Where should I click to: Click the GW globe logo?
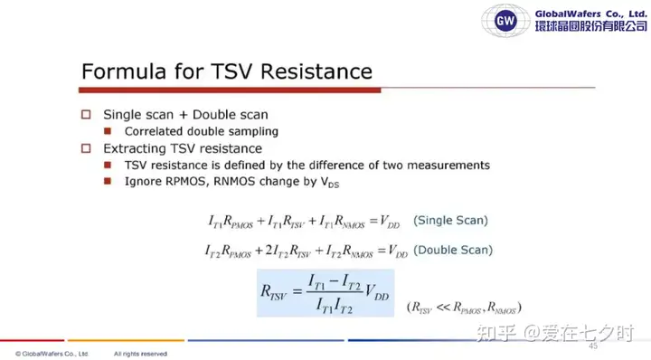[x=505, y=20]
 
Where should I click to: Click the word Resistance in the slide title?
[x=316, y=71]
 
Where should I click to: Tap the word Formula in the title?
[x=124, y=71]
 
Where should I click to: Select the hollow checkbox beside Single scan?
[x=86, y=115]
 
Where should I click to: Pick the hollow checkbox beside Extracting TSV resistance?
[x=86, y=148]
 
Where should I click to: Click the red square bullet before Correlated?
[x=108, y=131]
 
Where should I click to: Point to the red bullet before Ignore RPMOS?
[x=108, y=181]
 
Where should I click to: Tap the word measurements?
[x=448, y=166]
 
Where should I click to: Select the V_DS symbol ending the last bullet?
[x=330, y=183]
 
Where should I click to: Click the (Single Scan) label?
[x=450, y=220]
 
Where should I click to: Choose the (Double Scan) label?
[x=453, y=250]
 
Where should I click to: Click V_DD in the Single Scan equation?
[x=390, y=222]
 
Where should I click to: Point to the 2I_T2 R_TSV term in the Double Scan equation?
[x=288, y=251]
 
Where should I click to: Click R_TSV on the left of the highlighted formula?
[x=273, y=292]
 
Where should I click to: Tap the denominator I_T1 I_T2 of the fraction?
[x=335, y=306]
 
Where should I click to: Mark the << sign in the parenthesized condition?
[x=443, y=308]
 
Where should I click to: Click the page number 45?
[x=593, y=346]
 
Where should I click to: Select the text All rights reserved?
[x=140, y=354]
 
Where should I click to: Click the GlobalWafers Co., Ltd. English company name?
[x=590, y=14]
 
